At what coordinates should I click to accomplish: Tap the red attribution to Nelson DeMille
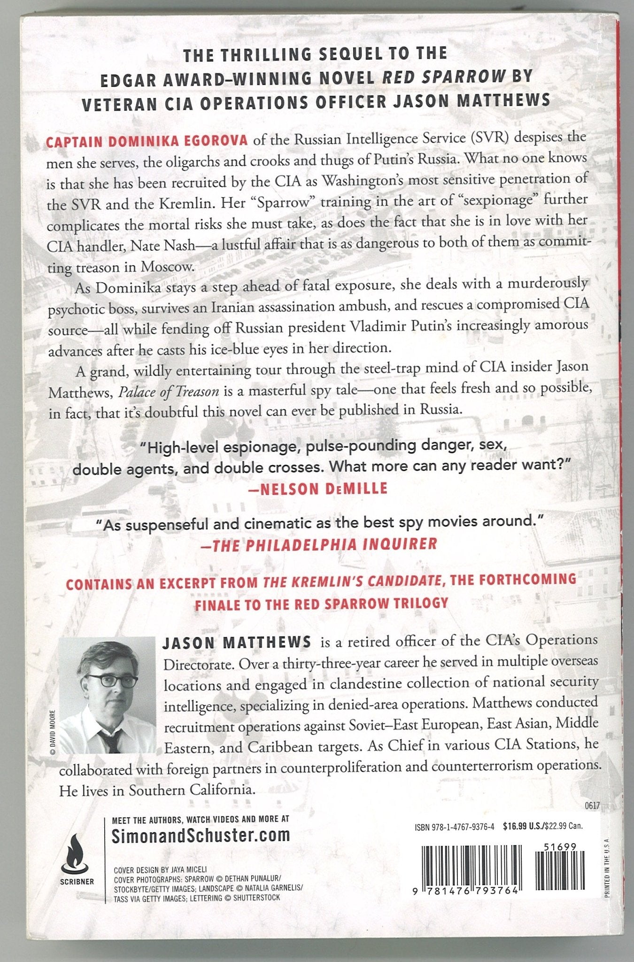point(317,489)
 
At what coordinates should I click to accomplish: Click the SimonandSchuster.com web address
point(201,836)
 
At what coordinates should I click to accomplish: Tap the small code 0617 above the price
point(593,806)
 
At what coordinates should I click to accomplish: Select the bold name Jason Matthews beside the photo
point(237,642)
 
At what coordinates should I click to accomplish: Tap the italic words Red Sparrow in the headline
point(444,77)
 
